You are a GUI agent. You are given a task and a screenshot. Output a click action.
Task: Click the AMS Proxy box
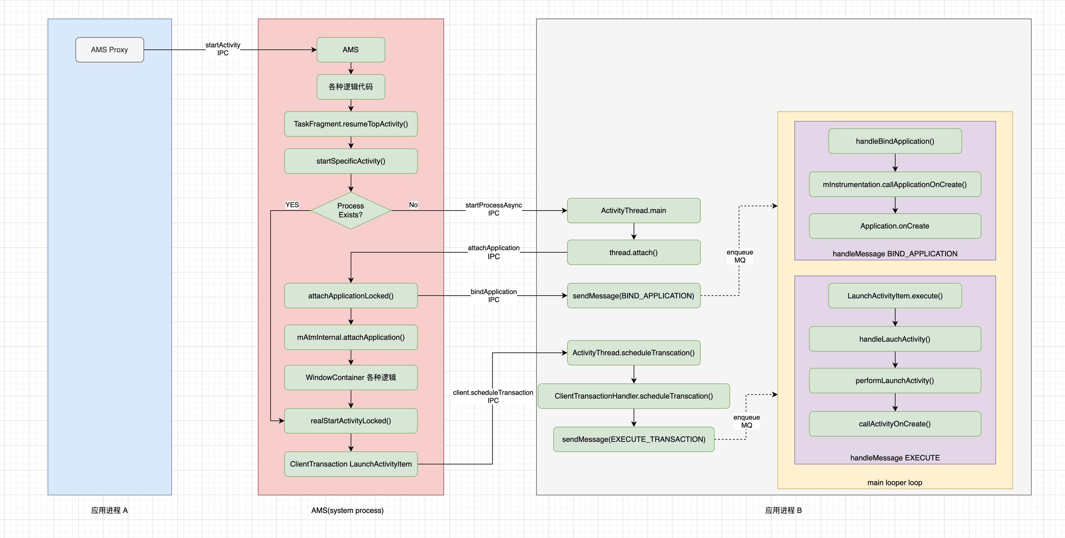(x=109, y=49)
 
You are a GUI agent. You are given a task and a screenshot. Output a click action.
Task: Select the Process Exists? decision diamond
(x=351, y=211)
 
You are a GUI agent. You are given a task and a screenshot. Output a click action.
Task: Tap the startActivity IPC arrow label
(x=223, y=49)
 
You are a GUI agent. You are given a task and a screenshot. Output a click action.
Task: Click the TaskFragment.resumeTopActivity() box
(x=351, y=124)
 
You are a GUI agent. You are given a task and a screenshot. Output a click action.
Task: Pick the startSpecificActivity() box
(x=351, y=161)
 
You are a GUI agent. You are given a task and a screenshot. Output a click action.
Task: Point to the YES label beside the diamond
(x=292, y=205)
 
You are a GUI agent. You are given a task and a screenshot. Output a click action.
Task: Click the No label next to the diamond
(x=413, y=205)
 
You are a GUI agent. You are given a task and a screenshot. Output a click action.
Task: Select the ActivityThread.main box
(x=633, y=211)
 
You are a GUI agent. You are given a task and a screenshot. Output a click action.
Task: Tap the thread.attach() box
(x=633, y=252)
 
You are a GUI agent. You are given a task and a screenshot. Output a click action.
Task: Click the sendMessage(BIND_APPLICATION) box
(x=633, y=296)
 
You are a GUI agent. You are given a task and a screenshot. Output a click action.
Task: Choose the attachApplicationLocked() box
(x=351, y=296)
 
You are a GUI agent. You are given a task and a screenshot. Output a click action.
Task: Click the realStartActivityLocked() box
(x=351, y=421)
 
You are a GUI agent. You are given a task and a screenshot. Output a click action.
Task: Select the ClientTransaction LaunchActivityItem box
(x=351, y=464)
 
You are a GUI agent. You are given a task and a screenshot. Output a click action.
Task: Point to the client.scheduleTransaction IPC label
(x=493, y=396)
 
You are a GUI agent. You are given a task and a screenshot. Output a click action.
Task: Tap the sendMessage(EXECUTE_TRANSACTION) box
(x=633, y=439)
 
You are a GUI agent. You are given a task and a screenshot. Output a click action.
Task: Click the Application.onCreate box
(x=895, y=226)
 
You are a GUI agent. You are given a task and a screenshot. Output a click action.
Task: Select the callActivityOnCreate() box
(x=895, y=424)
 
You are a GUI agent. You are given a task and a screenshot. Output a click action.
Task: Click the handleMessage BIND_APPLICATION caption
(x=895, y=254)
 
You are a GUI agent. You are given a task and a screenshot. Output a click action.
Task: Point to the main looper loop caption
(x=895, y=483)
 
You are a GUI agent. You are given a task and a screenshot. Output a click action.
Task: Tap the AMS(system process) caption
(x=347, y=510)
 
